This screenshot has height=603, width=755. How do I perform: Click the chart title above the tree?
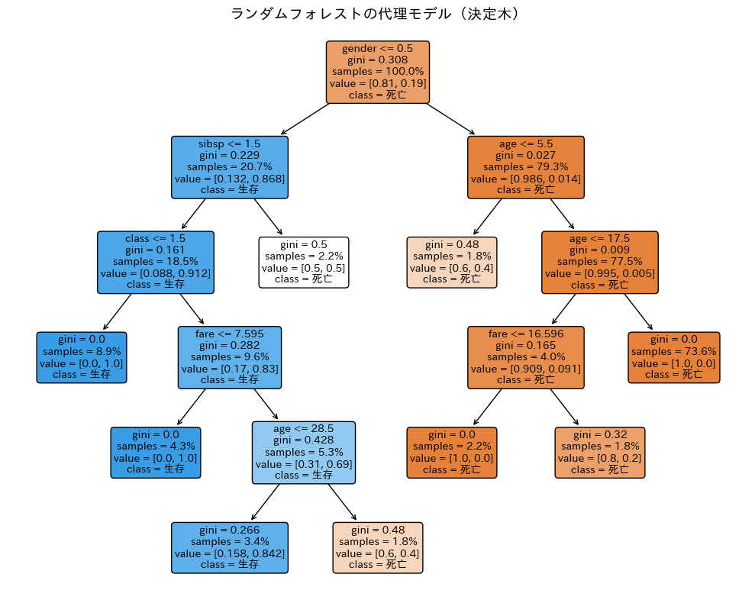[377, 14]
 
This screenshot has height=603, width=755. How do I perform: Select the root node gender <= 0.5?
[377, 72]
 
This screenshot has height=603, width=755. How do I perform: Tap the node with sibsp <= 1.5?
[229, 166]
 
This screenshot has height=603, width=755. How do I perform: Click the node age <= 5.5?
[525, 166]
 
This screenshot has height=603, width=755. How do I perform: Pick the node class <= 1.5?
[155, 262]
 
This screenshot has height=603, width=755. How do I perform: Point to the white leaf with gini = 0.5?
[303, 262]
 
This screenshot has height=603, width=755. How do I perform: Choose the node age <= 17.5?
[599, 262]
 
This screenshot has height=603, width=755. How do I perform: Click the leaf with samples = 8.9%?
[82, 357]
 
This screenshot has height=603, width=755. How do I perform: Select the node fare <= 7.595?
[229, 357]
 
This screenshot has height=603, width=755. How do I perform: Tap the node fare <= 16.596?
[525, 357]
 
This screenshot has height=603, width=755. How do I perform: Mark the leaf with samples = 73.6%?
[673, 357]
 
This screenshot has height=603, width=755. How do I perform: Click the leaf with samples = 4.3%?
[155, 452]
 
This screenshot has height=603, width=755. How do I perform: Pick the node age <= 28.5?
[303, 452]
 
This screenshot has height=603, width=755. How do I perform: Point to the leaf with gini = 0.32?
[599, 452]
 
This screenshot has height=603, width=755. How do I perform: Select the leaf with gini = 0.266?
[229, 547]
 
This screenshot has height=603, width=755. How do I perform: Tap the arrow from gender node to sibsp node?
[305, 119]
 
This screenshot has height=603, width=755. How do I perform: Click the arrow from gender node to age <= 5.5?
[450, 119]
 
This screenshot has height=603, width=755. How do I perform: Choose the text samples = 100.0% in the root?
[377, 71]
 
